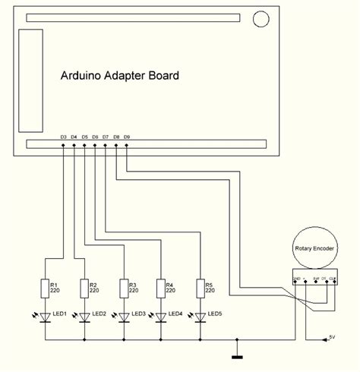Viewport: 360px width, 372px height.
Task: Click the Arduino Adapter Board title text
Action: (120, 76)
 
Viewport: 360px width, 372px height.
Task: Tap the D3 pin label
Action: (64, 137)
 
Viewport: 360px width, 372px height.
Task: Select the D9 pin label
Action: (126, 137)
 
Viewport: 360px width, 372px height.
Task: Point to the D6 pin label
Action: (95, 137)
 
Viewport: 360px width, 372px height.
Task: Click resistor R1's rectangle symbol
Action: (45, 288)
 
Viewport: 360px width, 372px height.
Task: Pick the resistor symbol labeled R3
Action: (124, 288)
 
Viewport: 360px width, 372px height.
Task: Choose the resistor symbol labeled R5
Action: (201, 288)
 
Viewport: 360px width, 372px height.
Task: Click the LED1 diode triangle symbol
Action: (45, 316)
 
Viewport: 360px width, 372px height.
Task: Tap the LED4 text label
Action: (175, 314)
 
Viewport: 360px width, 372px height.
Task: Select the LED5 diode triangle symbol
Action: (201, 316)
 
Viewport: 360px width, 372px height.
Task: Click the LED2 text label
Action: (98, 314)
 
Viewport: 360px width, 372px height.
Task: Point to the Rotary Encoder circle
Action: (314, 247)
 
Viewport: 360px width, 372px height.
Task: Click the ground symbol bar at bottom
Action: (238, 355)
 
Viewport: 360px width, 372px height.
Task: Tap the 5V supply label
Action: (331, 335)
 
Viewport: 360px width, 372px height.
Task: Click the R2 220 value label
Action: (95, 290)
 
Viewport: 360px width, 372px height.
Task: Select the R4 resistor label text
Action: (169, 284)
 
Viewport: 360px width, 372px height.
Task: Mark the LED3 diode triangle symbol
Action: (124, 316)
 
